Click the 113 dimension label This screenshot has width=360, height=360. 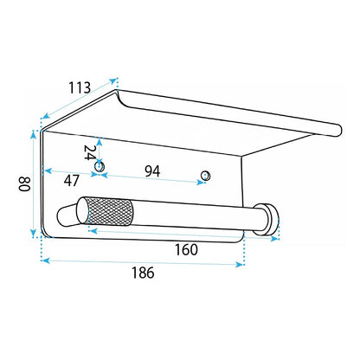point(80,87)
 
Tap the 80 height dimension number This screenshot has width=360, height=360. point(25,183)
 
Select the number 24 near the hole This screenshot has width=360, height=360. point(89,152)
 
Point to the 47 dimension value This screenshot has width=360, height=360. point(71,181)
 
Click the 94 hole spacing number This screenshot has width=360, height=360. point(152,171)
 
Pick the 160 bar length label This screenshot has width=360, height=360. point(186,249)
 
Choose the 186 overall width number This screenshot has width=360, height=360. point(143,273)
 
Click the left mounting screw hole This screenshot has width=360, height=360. point(100,167)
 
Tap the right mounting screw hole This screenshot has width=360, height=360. point(205,176)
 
